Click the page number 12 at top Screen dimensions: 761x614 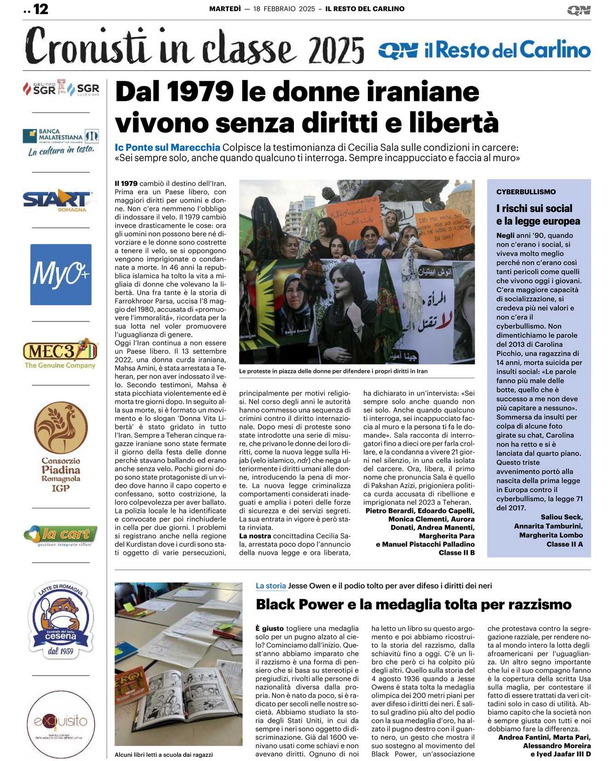coord(40,9)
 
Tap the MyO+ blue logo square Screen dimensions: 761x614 coord(61,274)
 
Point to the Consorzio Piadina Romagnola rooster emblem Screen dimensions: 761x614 coord(60,428)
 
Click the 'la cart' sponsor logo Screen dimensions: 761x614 coord(61,535)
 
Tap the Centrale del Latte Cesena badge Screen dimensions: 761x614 coord(61,618)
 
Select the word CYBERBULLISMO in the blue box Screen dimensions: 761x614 coord(526,192)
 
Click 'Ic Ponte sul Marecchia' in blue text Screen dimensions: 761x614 coord(167,147)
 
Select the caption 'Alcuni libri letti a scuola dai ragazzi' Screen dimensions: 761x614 coord(164,755)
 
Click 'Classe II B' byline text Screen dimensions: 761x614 coord(456,552)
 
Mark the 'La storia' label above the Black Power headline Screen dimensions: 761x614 coord(270,586)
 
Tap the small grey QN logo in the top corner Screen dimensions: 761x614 coord(579,10)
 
